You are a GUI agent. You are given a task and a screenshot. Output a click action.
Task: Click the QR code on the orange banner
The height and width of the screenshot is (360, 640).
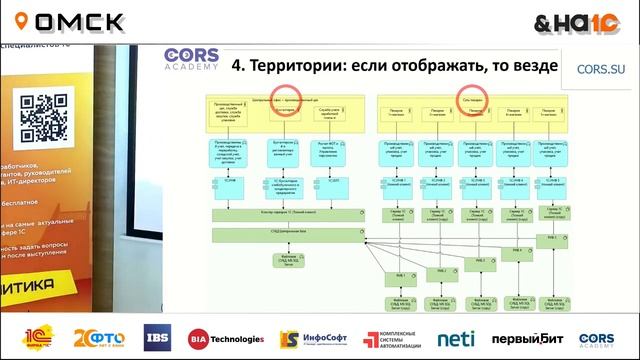tap(44, 117)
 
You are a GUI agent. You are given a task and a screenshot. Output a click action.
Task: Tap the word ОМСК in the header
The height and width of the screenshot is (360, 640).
tap(81, 22)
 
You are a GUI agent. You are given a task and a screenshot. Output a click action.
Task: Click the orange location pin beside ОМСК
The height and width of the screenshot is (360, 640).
tap(21, 22)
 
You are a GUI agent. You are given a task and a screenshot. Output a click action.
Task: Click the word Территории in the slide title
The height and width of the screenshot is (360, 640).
tap(300, 67)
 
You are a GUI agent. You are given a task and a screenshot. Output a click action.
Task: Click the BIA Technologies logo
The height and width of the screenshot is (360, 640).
tap(226, 338)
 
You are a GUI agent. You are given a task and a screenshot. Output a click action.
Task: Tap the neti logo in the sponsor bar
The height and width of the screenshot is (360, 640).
tap(456, 338)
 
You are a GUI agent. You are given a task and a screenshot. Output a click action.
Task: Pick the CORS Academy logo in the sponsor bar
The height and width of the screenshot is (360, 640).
tap(597, 338)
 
